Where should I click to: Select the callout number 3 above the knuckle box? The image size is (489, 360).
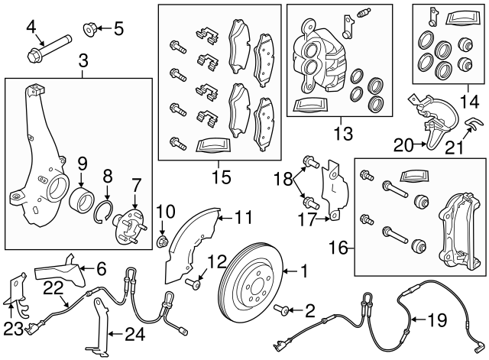point(83,60)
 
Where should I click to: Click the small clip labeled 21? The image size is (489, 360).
point(473,125)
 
